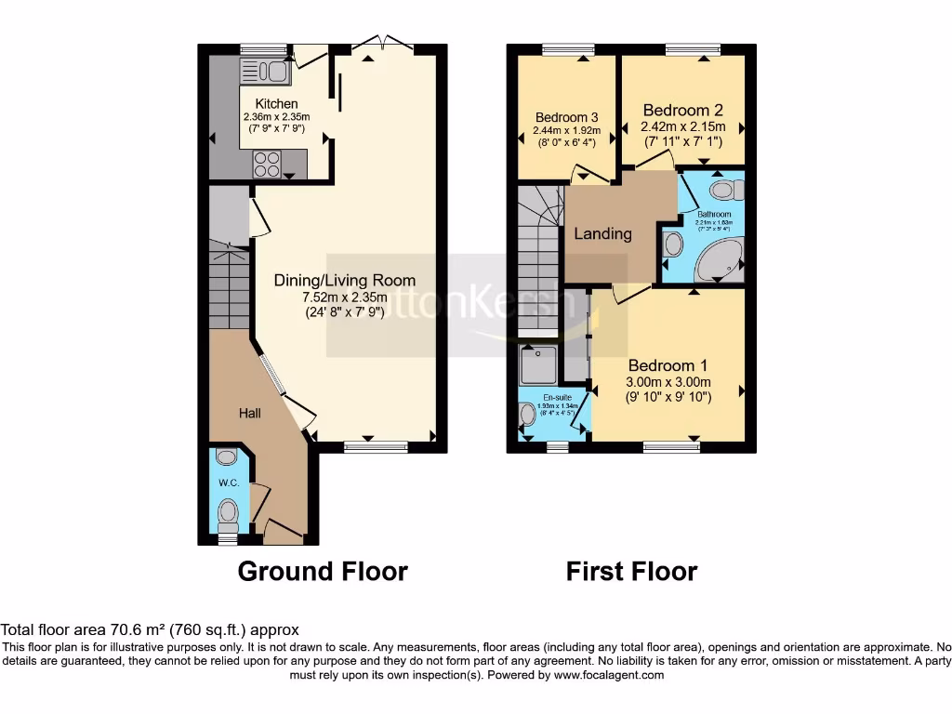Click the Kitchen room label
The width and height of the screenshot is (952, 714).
pyautogui.click(x=276, y=103)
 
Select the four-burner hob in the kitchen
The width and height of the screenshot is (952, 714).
pyautogui.click(x=267, y=164)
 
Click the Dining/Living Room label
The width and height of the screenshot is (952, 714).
pyautogui.click(x=344, y=280)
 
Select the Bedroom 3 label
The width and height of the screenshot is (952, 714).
pyautogui.click(x=565, y=117)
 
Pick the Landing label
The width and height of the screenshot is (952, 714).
pyautogui.click(x=602, y=233)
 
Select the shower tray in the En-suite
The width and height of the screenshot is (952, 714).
pyautogui.click(x=538, y=365)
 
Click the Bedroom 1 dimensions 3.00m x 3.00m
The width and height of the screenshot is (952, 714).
pyautogui.click(x=668, y=381)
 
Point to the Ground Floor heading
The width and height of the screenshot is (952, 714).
pyautogui.click(x=323, y=571)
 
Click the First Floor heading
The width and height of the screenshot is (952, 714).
pyautogui.click(x=631, y=571)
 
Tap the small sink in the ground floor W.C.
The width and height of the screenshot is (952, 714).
pyautogui.click(x=226, y=457)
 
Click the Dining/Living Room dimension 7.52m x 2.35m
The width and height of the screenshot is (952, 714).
pyautogui.click(x=344, y=297)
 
